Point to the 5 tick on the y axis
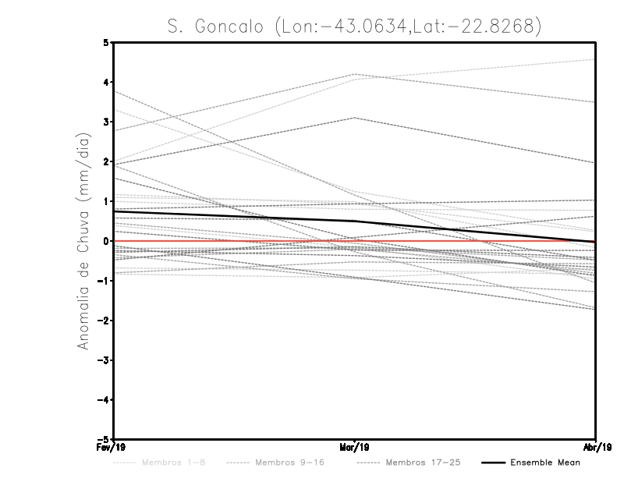[106, 42]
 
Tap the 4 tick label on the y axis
[106, 82]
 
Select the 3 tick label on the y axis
[106, 122]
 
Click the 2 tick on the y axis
[106, 161]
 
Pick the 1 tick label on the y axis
[106, 201]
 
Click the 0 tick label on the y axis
[106, 241]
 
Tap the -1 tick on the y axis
[104, 281]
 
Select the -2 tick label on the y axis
[104, 321]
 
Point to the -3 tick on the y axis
[104, 360]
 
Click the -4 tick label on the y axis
[104, 400]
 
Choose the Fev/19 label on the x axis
[114, 448]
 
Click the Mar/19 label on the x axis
[355, 448]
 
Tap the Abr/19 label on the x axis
[595, 448]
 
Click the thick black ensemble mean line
[234, 215]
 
